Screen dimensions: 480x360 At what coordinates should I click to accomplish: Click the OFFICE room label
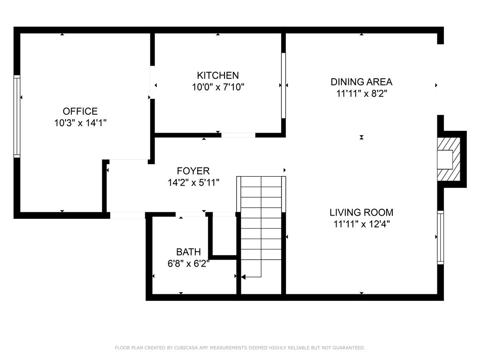pyautogui.click(x=80, y=111)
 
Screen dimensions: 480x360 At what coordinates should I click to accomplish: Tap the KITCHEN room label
pyautogui.click(x=217, y=75)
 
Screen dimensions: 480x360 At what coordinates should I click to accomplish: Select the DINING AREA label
pyautogui.click(x=361, y=82)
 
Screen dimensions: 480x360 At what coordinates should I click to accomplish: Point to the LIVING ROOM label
pyautogui.click(x=361, y=212)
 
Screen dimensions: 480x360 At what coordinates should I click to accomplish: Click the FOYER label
pyautogui.click(x=193, y=171)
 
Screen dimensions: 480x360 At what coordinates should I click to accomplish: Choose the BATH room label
pyautogui.click(x=188, y=252)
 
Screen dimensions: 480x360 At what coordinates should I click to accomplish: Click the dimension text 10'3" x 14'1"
pyautogui.click(x=80, y=123)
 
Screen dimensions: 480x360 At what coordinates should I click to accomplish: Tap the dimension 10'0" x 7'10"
pyautogui.click(x=217, y=87)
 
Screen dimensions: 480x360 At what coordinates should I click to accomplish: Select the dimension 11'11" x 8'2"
pyautogui.click(x=361, y=93)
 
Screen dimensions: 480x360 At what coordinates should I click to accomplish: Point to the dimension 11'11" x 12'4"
pyautogui.click(x=361, y=224)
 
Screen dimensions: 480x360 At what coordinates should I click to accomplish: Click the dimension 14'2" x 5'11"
pyautogui.click(x=193, y=182)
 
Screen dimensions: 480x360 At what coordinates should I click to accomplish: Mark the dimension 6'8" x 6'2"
pyautogui.click(x=188, y=263)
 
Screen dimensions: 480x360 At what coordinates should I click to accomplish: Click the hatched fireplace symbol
pyautogui.click(x=449, y=159)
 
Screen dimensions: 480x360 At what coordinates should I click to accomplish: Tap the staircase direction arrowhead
pyautogui.click(x=243, y=277)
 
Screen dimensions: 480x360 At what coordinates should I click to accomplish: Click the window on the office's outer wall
pyautogui.click(x=17, y=116)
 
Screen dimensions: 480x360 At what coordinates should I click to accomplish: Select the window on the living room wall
pyautogui.click(x=440, y=238)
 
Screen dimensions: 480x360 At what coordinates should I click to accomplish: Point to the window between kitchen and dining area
pyautogui.click(x=284, y=85)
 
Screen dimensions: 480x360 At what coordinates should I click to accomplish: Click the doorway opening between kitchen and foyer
pyautogui.click(x=238, y=135)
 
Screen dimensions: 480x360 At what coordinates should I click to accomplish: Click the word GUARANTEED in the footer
pyautogui.click(x=349, y=348)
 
